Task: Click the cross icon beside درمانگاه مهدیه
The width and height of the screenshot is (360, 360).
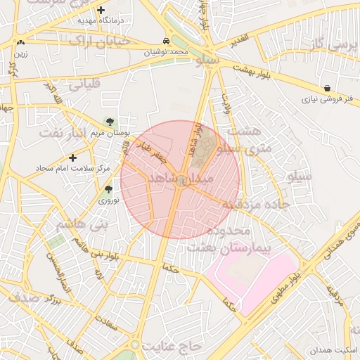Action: pos(102,11)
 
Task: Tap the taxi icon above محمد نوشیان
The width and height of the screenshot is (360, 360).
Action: pos(165,41)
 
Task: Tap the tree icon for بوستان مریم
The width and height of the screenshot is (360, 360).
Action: pos(108,122)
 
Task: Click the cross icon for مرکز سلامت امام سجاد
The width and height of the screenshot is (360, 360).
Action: pos(72,158)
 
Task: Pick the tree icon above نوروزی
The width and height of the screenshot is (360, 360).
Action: pos(108,188)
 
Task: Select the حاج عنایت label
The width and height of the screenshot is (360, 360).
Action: pos(172,347)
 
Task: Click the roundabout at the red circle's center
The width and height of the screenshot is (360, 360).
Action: pos(181,180)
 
